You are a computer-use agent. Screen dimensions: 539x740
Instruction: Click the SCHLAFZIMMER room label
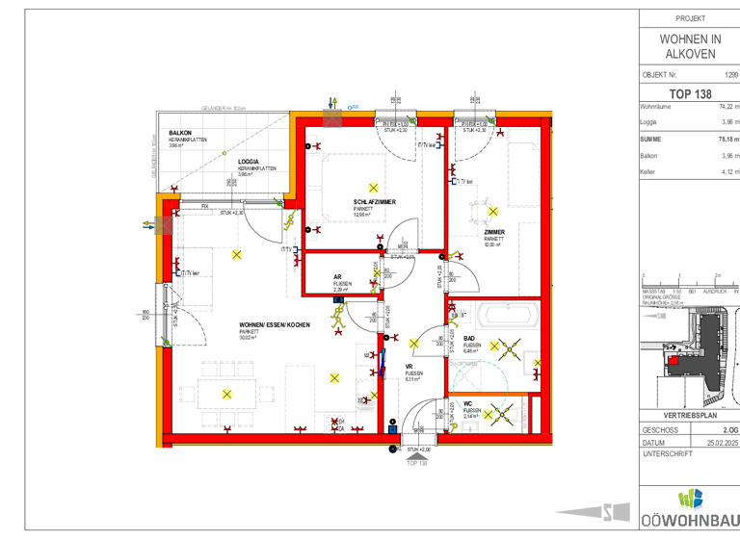pos(374,201)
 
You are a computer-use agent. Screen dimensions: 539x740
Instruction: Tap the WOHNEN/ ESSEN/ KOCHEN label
pos(275,326)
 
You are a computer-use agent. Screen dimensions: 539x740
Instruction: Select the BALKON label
pos(180,133)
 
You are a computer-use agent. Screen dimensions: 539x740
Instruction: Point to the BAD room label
pos(469,339)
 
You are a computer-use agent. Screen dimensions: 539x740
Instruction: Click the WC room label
pos(467,403)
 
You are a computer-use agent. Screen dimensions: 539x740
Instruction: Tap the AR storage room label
pos(337,276)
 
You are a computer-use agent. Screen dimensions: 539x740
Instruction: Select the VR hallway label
pos(409,367)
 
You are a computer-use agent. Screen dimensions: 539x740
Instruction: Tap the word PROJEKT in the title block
pos(690,18)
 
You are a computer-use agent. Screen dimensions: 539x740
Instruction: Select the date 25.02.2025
pos(722,443)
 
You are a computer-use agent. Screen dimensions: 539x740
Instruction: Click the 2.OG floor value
pos(730,430)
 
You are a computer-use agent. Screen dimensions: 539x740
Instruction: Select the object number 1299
pos(730,73)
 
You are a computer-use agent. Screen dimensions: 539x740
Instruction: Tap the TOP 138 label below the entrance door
pos(416,463)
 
